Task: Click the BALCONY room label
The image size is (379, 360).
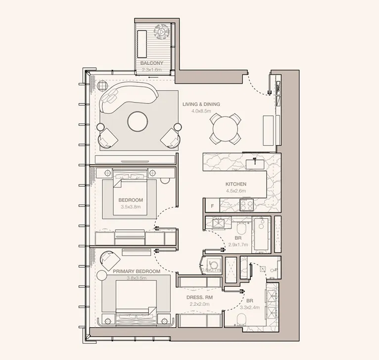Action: [x=151, y=63]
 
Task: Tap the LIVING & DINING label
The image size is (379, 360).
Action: [x=201, y=104]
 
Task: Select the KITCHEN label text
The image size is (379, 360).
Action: [x=236, y=184]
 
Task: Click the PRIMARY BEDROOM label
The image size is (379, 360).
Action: [x=137, y=272]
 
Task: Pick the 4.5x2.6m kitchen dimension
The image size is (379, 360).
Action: [x=236, y=191]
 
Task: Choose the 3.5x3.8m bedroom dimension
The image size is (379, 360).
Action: [x=131, y=206]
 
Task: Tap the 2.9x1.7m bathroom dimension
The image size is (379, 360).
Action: [x=238, y=244]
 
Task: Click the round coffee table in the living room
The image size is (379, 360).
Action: [x=138, y=122]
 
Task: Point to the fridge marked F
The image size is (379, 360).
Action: [x=212, y=205]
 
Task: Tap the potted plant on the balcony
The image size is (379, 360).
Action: [x=161, y=32]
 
